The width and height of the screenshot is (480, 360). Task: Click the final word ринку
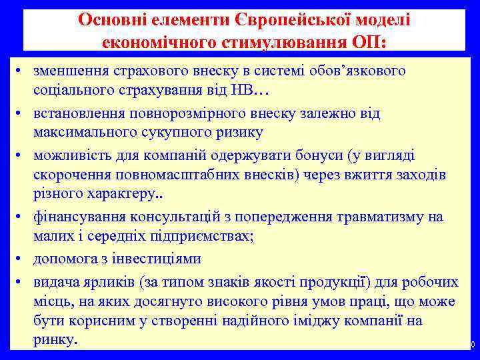point(55,339)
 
